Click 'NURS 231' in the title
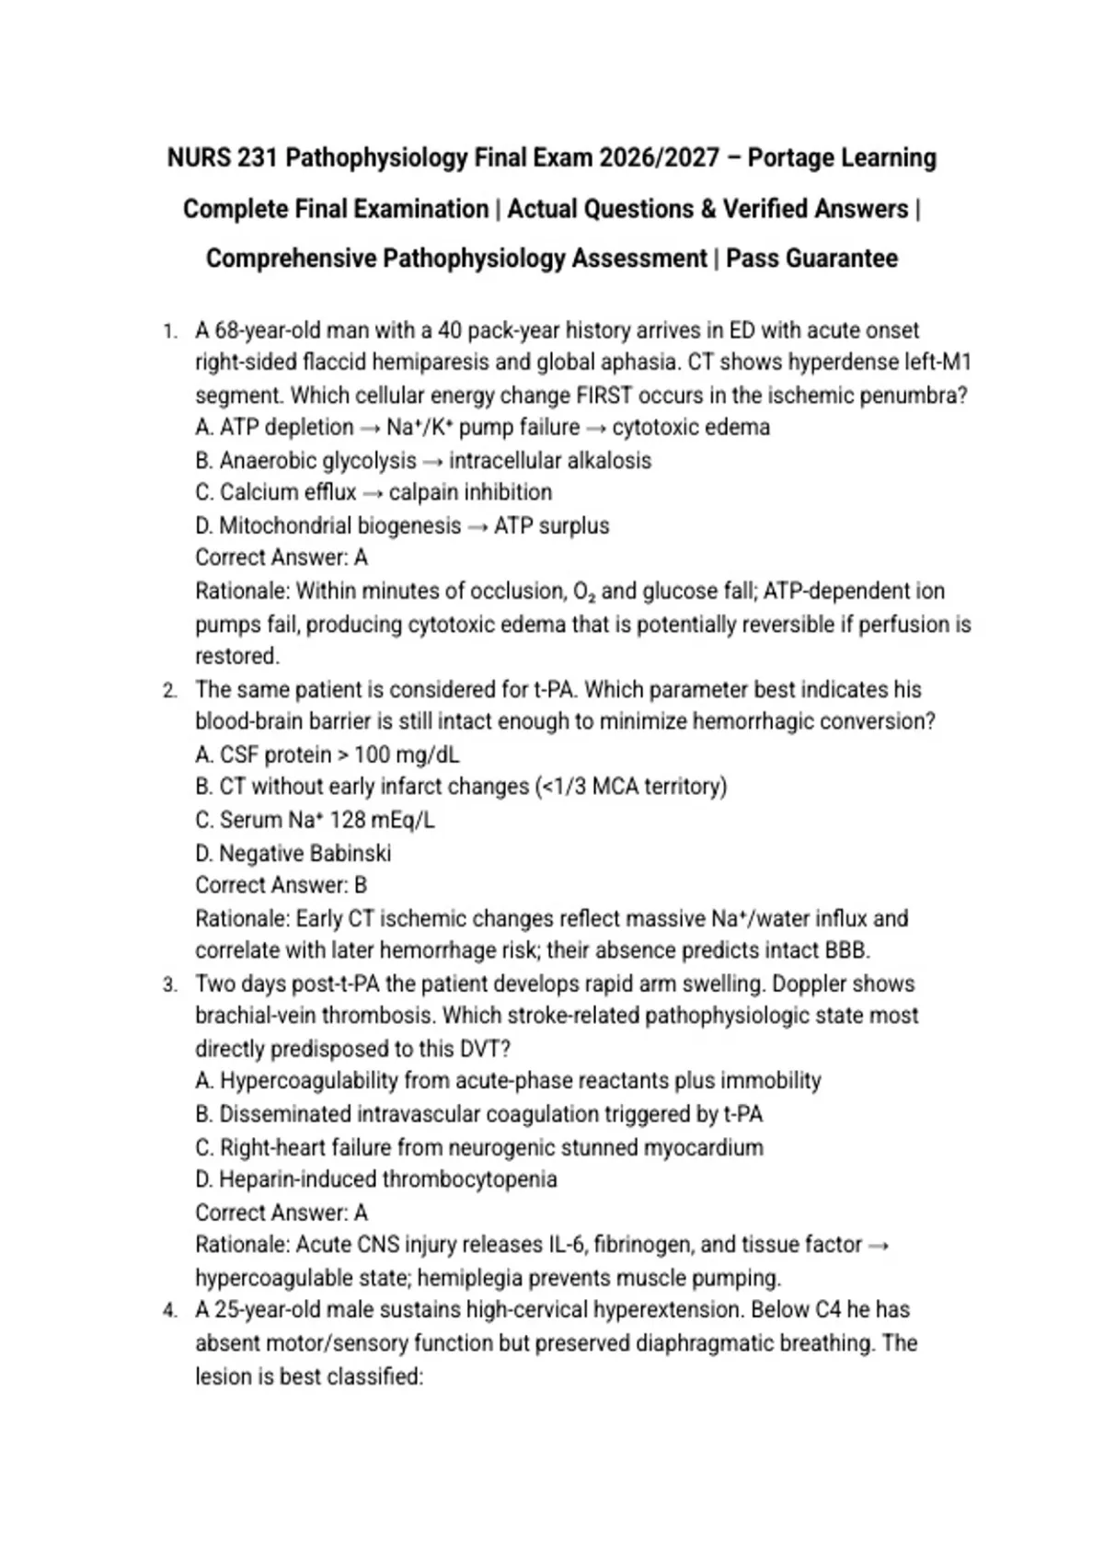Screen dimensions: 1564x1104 click(224, 158)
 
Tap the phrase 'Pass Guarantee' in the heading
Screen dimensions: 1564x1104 click(811, 259)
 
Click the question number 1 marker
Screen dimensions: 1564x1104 click(170, 331)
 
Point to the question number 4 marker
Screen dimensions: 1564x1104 click(170, 1311)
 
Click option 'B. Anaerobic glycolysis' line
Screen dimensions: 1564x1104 click(423, 460)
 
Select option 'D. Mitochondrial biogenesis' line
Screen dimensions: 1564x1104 click(402, 525)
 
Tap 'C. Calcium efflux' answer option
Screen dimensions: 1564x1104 click(374, 492)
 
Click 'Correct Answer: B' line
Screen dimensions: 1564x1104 click(281, 885)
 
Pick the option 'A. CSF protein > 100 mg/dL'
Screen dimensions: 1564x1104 click(327, 754)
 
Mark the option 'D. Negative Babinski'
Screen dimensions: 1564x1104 click(293, 853)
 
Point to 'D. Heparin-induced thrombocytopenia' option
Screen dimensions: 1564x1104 click(375, 1179)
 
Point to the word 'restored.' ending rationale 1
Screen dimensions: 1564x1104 click(237, 656)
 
